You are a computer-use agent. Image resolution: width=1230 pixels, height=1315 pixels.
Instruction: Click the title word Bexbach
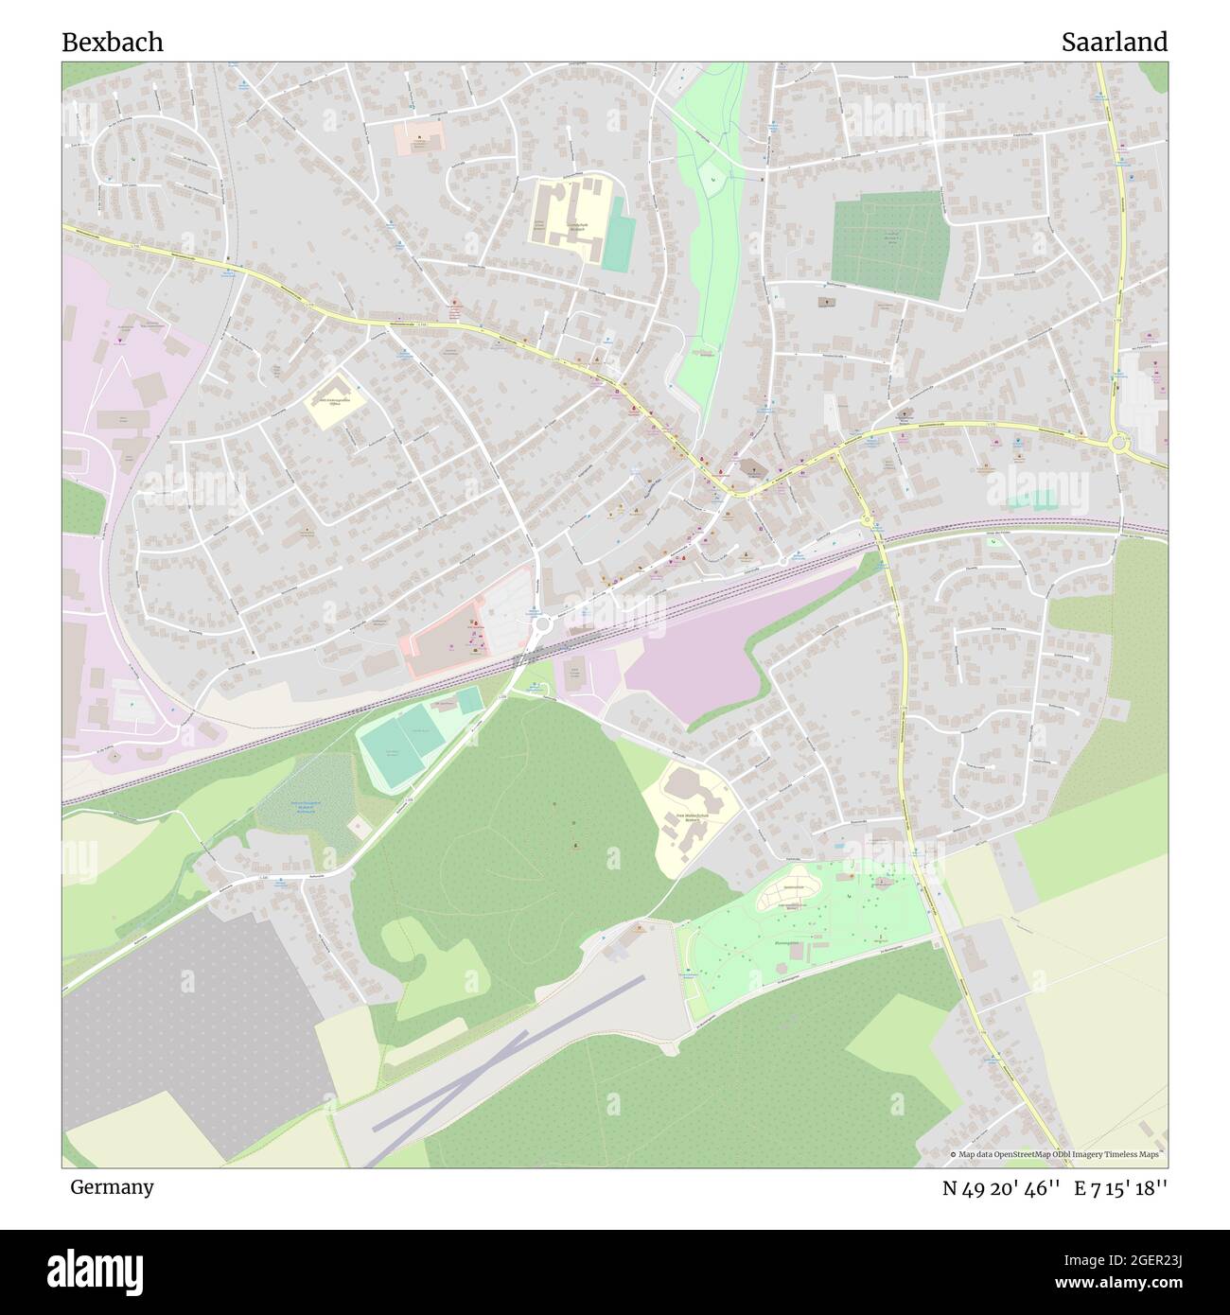[113, 43]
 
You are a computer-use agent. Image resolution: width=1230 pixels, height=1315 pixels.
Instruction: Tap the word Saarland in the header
[1114, 43]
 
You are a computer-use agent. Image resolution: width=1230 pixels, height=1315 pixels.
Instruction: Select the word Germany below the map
[112, 1186]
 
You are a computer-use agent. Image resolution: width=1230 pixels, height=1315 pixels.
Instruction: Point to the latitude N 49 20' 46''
[1001, 1188]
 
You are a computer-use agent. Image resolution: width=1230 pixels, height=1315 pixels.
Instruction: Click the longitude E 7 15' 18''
[1120, 1188]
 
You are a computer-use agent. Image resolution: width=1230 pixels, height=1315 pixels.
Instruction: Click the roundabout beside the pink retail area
[538, 624]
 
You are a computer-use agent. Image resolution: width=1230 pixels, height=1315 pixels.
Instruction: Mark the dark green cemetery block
[887, 245]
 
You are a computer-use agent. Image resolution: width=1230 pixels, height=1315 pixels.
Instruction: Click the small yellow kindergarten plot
[335, 403]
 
